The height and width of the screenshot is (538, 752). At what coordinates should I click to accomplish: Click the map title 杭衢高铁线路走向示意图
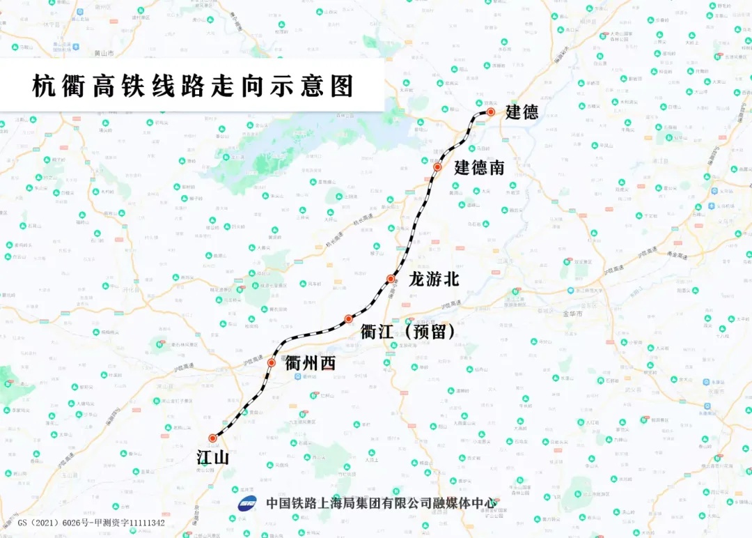point(193,86)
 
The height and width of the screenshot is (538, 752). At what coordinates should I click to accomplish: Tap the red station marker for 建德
point(491,112)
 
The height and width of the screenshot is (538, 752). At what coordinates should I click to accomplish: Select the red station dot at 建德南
point(437,167)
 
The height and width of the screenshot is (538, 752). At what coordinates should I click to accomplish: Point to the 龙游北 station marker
point(391,279)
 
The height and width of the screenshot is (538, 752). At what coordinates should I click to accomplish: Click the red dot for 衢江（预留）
point(349,319)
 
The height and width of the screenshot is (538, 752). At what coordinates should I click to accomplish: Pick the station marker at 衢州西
point(272,362)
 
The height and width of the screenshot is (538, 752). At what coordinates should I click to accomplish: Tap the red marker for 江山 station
point(212,438)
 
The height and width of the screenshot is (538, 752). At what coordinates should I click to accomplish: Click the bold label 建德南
point(479,168)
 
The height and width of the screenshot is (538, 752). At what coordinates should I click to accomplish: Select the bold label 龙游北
point(433,279)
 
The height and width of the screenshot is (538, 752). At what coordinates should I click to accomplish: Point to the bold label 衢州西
point(310,363)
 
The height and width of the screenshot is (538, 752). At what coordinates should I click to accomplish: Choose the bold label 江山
point(212,458)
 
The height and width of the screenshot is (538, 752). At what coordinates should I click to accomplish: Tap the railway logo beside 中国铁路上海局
point(247,503)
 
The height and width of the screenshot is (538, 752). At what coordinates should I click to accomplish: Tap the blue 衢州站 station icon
point(297,376)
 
